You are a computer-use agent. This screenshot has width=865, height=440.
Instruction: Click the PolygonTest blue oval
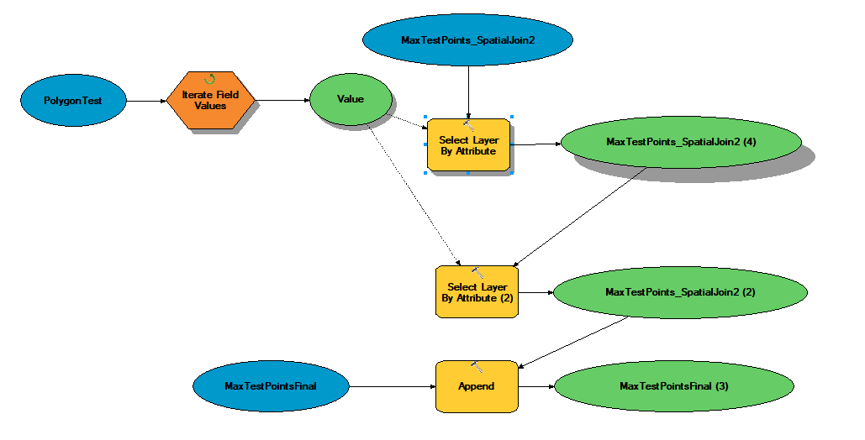[x=73, y=101]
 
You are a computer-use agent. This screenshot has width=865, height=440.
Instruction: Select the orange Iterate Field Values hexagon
[x=210, y=101]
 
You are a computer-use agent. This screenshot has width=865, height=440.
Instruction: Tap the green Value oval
[x=350, y=100]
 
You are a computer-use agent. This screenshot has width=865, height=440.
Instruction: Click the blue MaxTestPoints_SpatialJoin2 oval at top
[x=467, y=39]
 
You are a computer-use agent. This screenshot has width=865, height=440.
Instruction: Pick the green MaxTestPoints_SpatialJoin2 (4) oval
[x=680, y=142]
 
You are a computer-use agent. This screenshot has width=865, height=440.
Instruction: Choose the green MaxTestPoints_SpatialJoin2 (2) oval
[x=680, y=292]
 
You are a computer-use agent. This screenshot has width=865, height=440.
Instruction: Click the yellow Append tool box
[x=477, y=386]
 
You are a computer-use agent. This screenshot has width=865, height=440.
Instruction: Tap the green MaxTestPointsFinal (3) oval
[x=673, y=386]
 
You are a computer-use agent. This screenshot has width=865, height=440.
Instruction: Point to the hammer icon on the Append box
[x=477, y=367]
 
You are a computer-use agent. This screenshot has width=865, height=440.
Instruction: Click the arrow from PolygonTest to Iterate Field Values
[x=146, y=101]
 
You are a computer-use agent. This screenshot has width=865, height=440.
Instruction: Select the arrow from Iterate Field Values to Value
[x=282, y=101]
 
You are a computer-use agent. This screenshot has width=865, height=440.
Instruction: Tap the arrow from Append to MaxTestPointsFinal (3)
[x=535, y=386]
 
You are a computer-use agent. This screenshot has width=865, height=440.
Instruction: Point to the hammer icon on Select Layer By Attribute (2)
[x=477, y=273]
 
